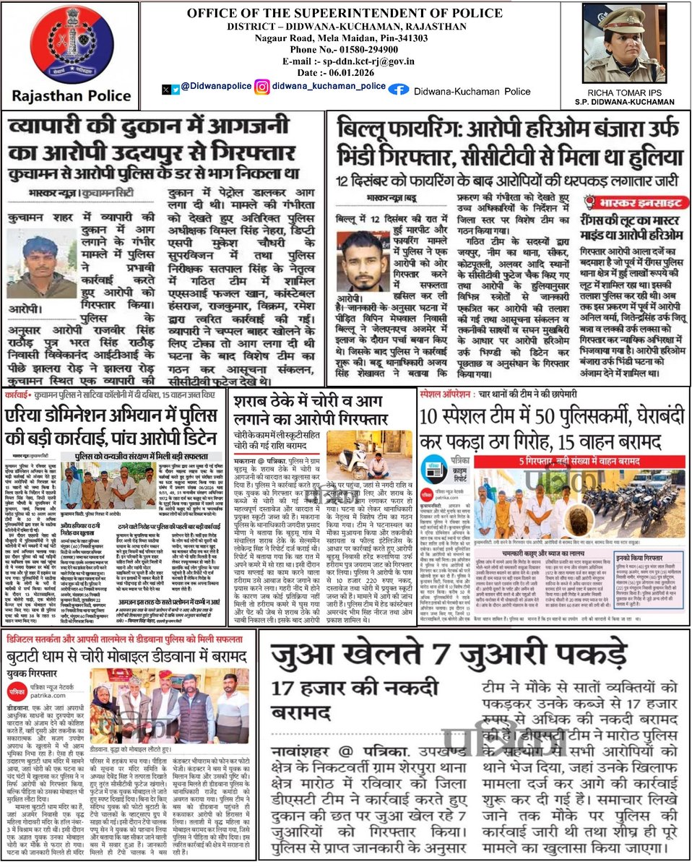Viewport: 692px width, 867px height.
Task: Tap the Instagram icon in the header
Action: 262,87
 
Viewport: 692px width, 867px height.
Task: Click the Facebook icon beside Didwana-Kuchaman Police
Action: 398,89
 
